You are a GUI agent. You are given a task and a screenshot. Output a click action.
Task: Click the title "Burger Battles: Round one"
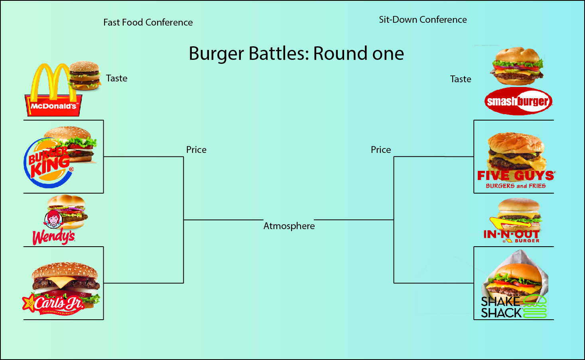pos(296,53)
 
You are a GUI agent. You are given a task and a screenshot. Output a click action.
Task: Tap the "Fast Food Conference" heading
pos(148,22)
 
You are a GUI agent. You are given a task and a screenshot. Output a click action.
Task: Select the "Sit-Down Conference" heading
pos(423,20)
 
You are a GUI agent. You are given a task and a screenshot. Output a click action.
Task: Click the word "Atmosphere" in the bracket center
pos(289,226)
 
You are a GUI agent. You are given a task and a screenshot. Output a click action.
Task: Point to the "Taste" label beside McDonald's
pos(116,78)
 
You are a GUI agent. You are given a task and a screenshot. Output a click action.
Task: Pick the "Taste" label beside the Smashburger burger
pos(461,79)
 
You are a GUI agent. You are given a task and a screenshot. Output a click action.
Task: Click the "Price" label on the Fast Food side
pos(196,150)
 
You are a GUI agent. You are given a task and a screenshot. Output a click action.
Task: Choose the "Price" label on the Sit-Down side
pos(381,150)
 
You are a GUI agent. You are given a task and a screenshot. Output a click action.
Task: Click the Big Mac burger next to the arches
pos(85,76)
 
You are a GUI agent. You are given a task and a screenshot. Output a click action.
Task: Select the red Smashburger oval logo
pos(518,101)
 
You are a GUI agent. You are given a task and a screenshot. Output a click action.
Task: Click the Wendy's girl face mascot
pos(53,219)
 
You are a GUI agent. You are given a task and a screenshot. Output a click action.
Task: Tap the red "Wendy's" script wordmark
pos(54,237)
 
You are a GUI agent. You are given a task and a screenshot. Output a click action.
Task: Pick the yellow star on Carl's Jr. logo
pos(29,303)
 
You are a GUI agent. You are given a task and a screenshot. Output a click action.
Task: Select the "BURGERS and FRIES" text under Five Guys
pos(516,186)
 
